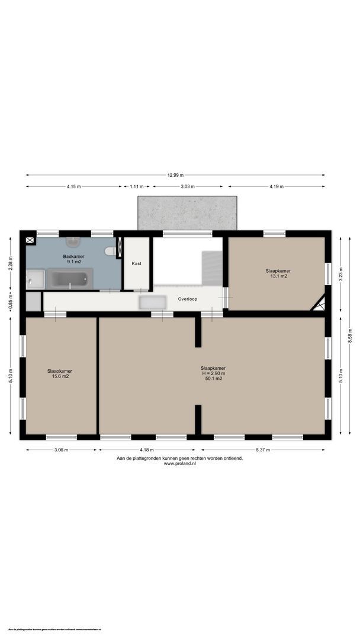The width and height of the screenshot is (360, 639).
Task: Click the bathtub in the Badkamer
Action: [70, 278]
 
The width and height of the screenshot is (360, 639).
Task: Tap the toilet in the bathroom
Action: [110, 251]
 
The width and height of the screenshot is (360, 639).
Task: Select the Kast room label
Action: [136, 263]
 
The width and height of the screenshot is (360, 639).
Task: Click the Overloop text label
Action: [188, 299]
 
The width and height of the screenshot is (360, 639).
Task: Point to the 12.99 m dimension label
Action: [175, 175]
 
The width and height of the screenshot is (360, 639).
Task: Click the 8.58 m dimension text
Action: [351, 335]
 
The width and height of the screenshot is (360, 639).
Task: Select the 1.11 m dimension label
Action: [136, 186]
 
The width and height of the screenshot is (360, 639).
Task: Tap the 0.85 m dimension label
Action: [10, 302]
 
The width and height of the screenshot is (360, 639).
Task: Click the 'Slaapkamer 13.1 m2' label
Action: [278, 273]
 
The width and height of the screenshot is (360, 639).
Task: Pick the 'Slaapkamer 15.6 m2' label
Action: [60, 373]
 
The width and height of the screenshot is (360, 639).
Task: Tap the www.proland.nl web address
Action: [179, 463]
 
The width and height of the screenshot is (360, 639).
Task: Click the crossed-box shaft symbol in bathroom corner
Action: [30, 241]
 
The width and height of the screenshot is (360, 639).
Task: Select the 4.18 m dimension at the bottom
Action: [146, 450]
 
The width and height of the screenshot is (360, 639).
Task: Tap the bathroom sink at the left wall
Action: [35, 278]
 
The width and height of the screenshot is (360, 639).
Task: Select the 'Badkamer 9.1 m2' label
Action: [73, 259]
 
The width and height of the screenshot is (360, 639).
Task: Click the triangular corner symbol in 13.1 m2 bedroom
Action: [319, 304]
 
